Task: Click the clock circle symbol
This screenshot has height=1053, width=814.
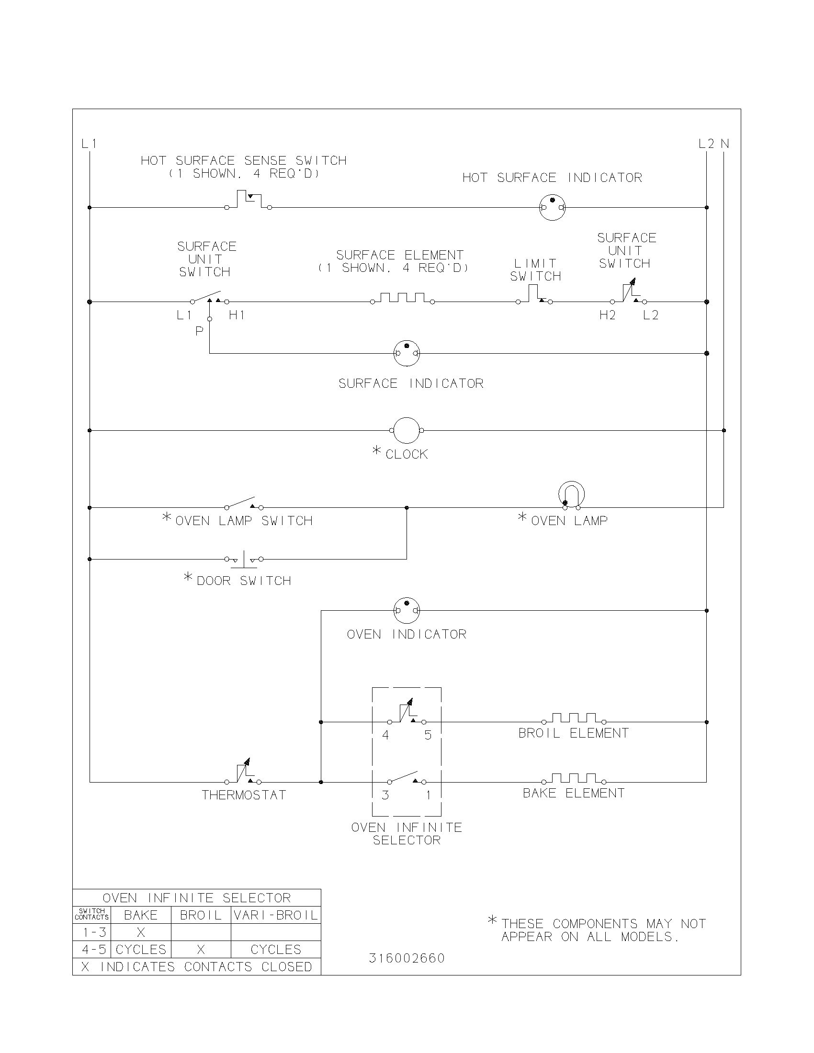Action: (x=407, y=430)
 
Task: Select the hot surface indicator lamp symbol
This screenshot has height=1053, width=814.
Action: (x=552, y=207)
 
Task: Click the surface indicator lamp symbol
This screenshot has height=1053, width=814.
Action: (x=407, y=353)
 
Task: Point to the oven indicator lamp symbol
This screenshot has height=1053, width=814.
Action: (x=407, y=610)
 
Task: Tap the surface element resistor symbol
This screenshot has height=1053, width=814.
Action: (x=402, y=299)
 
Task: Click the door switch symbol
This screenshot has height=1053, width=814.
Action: (x=244, y=559)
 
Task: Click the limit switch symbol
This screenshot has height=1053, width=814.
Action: (x=534, y=295)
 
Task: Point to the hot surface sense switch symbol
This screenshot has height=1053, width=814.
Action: (x=248, y=201)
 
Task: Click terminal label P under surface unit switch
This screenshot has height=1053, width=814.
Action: (x=199, y=331)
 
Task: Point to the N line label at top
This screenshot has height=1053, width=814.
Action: (x=724, y=144)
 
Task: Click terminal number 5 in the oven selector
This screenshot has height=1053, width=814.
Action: (x=428, y=735)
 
